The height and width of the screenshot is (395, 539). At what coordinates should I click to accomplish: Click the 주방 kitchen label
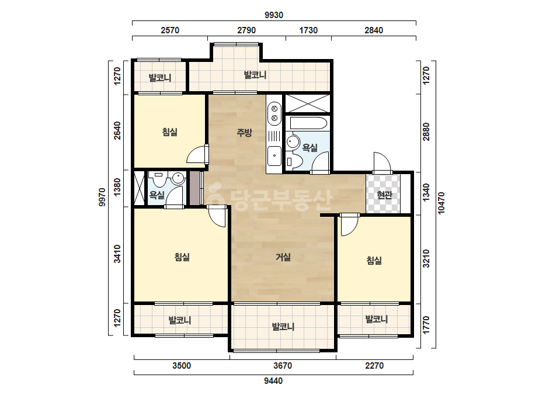[x=245, y=133]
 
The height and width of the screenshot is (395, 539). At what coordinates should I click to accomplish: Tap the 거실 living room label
[x=283, y=257]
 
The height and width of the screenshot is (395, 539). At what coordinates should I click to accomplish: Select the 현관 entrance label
[x=384, y=195]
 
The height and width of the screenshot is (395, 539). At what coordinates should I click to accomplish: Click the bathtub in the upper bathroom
[x=308, y=123]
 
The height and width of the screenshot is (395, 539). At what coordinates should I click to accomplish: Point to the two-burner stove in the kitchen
[x=274, y=113]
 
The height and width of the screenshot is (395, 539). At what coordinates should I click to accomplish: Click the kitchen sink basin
[x=274, y=155]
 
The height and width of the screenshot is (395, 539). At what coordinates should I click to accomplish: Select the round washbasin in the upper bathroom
[x=293, y=142]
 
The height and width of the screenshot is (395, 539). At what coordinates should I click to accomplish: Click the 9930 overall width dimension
[x=274, y=15]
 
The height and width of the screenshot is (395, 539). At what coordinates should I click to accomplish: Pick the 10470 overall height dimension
[x=441, y=203]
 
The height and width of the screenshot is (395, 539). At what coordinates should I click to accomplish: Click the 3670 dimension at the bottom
[x=283, y=365]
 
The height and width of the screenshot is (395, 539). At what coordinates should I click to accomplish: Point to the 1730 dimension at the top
[x=308, y=30]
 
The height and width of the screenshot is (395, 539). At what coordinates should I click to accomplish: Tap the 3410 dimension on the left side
[x=117, y=254]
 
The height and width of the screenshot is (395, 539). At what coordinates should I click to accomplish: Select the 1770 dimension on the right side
[x=426, y=325]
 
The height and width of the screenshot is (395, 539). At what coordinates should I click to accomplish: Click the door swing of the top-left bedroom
[x=197, y=155]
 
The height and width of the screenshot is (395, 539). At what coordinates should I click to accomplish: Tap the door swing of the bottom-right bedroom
[x=349, y=225]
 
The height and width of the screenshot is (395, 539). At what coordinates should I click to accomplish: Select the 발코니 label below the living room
[x=283, y=327]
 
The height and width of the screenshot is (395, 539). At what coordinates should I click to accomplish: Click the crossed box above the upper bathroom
[x=308, y=103]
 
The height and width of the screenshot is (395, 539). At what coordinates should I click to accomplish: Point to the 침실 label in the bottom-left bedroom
[x=182, y=257]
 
